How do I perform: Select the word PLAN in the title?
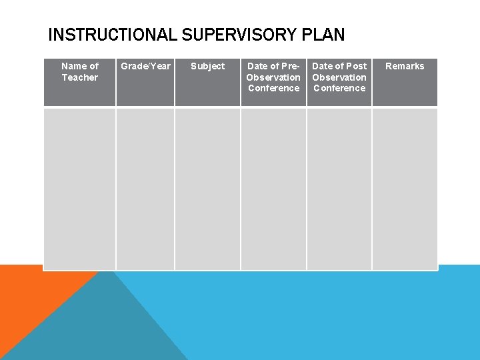[x=325, y=34]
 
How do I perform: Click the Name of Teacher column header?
[x=79, y=72]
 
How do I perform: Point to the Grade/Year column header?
[x=145, y=66]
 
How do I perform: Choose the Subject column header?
[x=207, y=66]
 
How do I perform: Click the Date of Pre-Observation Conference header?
[x=273, y=77]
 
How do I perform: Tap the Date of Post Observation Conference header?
[x=339, y=77]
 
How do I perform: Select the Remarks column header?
[x=405, y=66]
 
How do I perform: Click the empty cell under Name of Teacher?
[x=79, y=189]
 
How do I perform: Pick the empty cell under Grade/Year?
[x=145, y=189]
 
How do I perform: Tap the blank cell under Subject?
[x=207, y=189]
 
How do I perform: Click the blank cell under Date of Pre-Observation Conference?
[x=273, y=189]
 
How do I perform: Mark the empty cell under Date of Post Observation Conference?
[x=339, y=189]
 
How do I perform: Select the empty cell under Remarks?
[x=405, y=189]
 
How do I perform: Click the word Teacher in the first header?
[x=79, y=77]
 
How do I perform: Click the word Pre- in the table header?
[x=291, y=66]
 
